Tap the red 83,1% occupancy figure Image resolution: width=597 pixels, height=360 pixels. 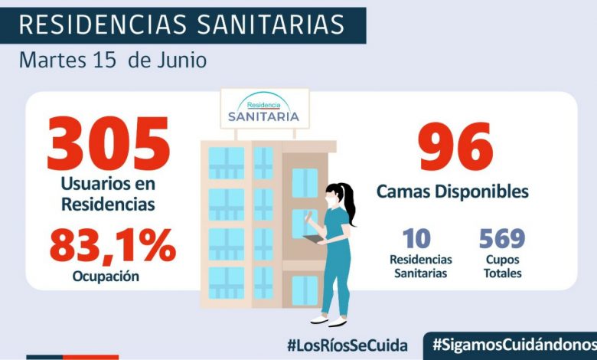(113, 246)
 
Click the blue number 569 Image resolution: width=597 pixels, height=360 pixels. (502, 240)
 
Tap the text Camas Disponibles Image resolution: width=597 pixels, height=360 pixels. (452, 191)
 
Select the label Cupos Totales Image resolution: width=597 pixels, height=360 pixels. (502, 267)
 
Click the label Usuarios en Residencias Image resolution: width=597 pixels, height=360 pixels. (108, 195)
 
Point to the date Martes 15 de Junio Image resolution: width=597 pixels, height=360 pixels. (112, 60)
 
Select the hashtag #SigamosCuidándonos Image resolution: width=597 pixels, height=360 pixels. (514, 345)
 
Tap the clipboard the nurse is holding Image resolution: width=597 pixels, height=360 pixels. (315, 240)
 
